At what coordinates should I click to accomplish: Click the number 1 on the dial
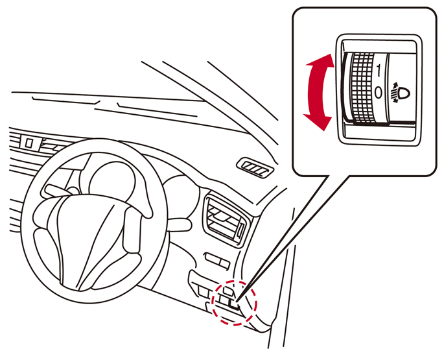tap(379, 70)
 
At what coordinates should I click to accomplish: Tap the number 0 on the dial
tap(379, 93)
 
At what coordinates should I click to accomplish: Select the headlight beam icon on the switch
tap(400, 92)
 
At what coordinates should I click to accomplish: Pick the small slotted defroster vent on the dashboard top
tap(255, 168)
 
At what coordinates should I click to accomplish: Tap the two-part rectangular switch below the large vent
tap(217, 261)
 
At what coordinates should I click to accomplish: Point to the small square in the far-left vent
tap(29, 142)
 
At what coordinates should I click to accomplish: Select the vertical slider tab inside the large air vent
tap(240, 230)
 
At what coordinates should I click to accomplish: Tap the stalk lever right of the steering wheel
tap(178, 224)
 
